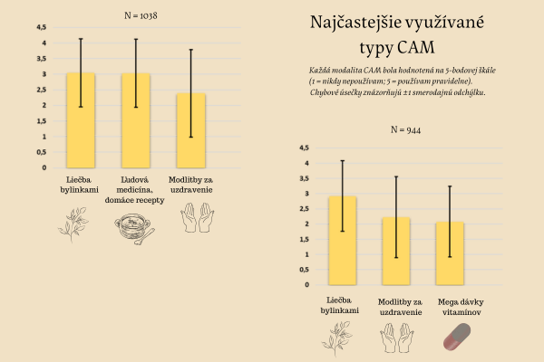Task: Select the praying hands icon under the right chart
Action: [x=400, y=337]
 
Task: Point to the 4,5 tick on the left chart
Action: [x=41, y=27]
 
